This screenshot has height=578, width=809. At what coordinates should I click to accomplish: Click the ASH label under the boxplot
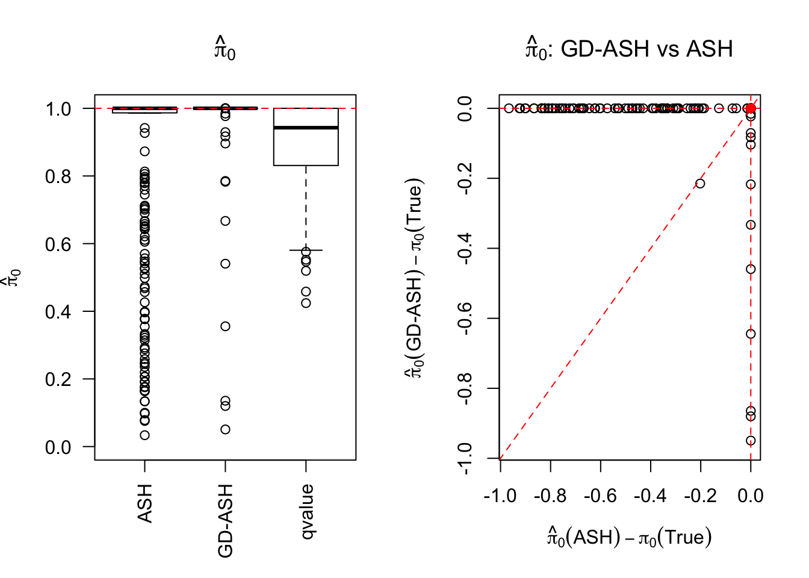(x=144, y=503)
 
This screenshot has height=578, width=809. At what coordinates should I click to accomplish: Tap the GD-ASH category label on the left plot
(x=225, y=521)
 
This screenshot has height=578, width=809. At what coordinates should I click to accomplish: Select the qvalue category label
(x=306, y=512)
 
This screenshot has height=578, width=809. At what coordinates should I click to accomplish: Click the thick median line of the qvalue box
(x=306, y=128)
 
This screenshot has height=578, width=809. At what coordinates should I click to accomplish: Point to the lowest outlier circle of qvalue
(x=306, y=303)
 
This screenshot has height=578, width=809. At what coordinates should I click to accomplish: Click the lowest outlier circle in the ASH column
(x=144, y=435)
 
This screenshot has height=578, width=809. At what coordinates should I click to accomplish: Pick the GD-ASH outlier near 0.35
(x=225, y=326)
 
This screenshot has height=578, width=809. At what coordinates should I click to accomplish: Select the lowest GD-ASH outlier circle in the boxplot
(x=225, y=429)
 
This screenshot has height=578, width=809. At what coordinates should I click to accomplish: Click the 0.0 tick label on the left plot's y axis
(x=58, y=447)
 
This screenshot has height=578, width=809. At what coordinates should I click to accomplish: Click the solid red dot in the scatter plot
(x=751, y=108)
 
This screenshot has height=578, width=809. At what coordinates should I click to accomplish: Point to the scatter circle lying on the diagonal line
(x=700, y=183)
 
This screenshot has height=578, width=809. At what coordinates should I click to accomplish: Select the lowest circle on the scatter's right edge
(x=751, y=441)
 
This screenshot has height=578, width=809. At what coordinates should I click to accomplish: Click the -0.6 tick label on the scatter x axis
(x=601, y=496)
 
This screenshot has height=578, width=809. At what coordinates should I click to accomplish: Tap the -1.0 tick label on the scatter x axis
(x=500, y=496)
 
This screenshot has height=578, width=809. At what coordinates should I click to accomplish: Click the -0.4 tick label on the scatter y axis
(x=465, y=248)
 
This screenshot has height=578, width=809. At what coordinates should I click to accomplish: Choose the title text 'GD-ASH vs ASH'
(x=646, y=49)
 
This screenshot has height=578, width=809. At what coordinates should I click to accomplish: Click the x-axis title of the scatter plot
(x=630, y=536)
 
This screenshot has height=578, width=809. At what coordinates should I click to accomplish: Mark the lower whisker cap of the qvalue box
(x=306, y=250)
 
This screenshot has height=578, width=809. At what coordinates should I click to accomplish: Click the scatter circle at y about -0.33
(x=751, y=225)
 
